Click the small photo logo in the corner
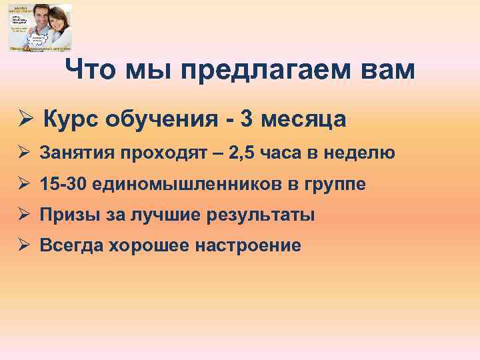(40, 27)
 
